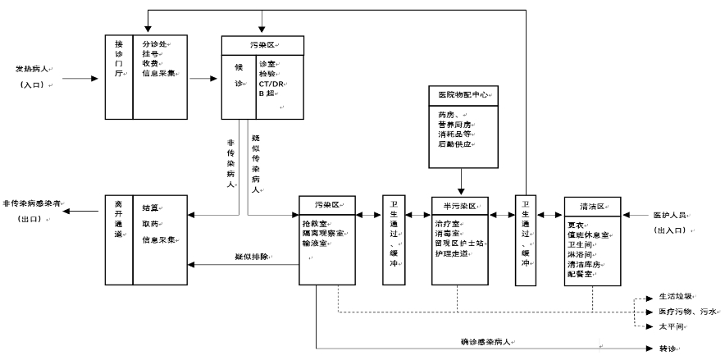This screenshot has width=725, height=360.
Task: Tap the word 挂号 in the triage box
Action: tap(150, 54)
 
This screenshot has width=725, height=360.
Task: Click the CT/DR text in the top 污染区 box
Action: tap(272, 84)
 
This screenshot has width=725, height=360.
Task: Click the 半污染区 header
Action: tap(459, 204)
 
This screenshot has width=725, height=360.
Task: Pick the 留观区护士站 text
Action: tap(460, 244)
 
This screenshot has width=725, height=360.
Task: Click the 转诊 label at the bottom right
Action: tap(668, 349)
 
